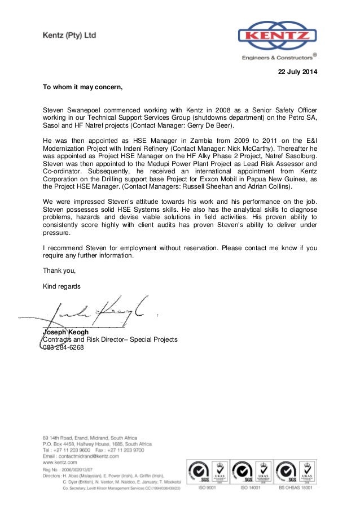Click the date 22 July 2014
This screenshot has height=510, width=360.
point(297,72)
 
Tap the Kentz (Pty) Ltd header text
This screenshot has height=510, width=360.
point(69,36)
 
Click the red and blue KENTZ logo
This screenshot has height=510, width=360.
point(275,36)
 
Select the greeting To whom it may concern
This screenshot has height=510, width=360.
point(82,88)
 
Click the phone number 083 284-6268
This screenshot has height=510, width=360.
point(64,347)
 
